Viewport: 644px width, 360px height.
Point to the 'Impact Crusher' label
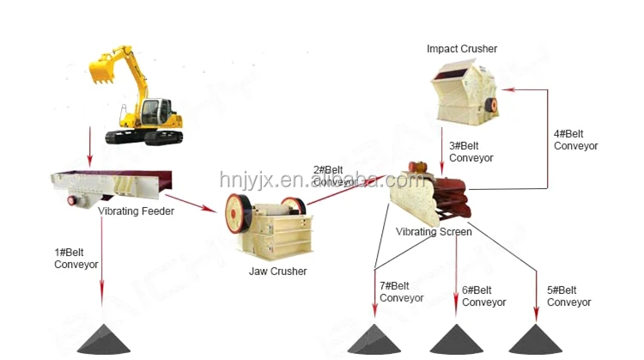click(x=462, y=49)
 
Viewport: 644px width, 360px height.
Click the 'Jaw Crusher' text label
click(x=278, y=272)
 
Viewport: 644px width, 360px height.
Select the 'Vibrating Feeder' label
click(x=136, y=211)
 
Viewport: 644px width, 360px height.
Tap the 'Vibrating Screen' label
click(x=434, y=232)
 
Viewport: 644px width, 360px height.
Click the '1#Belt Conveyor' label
click(x=76, y=259)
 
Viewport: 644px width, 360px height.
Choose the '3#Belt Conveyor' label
click(x=471, y=152)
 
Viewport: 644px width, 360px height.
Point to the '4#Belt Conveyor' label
click(x=575, y=139)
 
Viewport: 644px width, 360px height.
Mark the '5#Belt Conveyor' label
click(x=568, y=296)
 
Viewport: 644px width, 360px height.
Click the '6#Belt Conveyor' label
click(x=483, y=296)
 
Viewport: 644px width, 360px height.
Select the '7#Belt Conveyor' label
click(x=401, y=291)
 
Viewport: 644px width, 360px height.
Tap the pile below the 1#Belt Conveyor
click(x=104, y=340)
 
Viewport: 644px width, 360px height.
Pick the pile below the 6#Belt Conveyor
click(x=456, y=340)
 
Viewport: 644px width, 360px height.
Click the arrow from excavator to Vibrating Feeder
click(x=88, y=146)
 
